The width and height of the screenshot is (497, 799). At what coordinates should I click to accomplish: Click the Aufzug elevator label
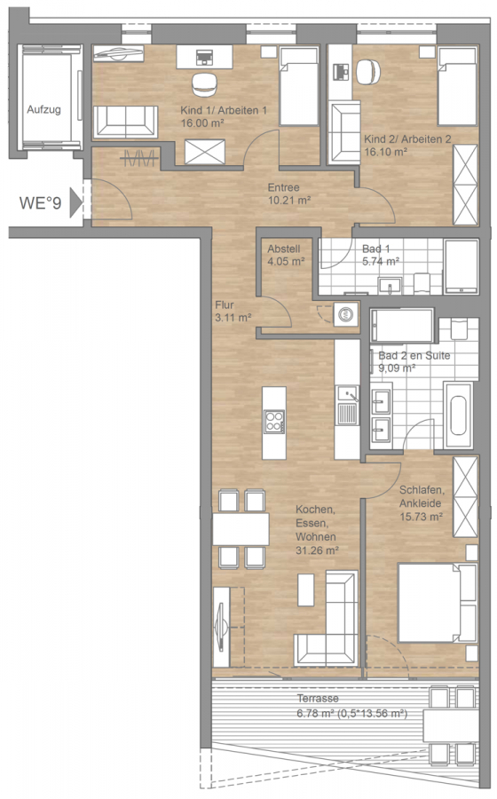tap(43, 109)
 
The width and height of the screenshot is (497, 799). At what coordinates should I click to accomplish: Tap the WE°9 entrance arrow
tap(76, 202)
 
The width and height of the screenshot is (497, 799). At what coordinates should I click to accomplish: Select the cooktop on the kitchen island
tap(274, 422)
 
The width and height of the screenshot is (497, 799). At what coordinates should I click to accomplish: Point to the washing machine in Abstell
tap(345, 314)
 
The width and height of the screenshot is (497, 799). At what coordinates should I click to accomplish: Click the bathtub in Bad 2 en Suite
tap(458, 415)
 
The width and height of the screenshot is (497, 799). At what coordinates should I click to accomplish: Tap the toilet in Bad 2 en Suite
tap(459, 328)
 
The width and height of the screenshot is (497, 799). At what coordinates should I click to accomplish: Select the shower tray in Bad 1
tap(461, 266)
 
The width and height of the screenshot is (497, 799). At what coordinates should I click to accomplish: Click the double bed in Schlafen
tap(438, 602)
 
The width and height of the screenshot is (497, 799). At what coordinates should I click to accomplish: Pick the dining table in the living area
tap(241, 529)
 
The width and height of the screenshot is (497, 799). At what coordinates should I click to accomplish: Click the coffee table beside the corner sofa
tap(306, 589)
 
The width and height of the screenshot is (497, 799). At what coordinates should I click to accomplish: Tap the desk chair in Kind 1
tap(205, 83)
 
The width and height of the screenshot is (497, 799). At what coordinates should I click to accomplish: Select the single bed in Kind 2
tap(457, 86)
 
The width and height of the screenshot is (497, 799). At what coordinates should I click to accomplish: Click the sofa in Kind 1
tap(125, 122)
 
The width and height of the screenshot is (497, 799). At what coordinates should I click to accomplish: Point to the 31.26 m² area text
tap(317, 550)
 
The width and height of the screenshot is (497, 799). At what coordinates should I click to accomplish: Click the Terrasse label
tap(318, 698)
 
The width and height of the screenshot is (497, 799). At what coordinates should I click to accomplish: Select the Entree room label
tap(284, 187)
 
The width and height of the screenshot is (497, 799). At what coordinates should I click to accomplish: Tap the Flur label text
tap(225, 305)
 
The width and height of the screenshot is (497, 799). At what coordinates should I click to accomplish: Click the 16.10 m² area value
tap(385, 151)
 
